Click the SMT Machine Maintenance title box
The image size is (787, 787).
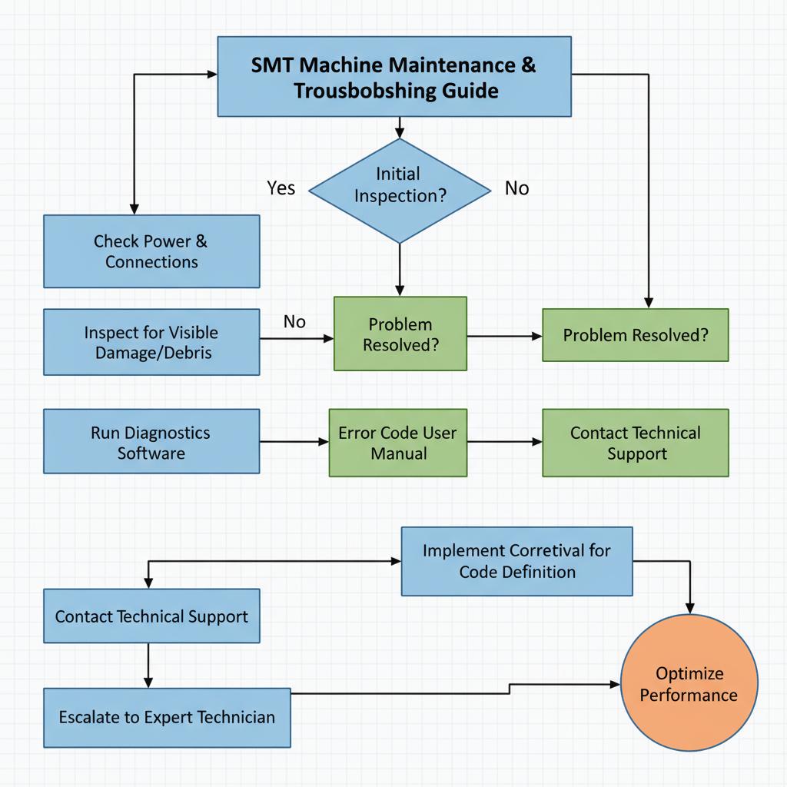[394, 77]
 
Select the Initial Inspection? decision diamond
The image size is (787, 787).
[399, 190]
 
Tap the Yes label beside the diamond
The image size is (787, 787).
[281, 188]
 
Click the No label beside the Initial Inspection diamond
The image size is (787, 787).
[516, 188]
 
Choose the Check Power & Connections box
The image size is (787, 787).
[151, 251]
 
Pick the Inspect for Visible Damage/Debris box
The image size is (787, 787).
[151, 343]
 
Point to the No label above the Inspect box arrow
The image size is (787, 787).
[294, 321]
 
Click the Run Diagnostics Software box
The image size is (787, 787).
[151, 442]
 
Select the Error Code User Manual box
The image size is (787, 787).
[398, 443]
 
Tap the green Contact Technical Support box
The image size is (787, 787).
[635, 443]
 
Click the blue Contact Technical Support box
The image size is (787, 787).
[151, 616]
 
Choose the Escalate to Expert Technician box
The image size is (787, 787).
[167, 717]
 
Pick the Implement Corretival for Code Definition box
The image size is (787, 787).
[516, 561]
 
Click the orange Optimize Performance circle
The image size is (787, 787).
[689, 683]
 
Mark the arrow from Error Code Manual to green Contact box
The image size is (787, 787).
[504, 442]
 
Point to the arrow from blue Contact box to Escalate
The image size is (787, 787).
[148, 665]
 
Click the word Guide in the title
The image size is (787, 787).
[470, 91]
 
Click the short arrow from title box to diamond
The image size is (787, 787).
[399, 128]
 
